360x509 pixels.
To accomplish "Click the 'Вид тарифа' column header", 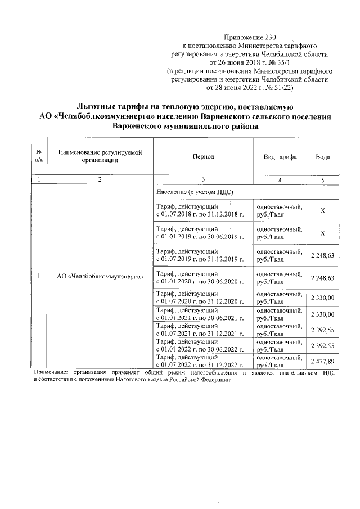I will pyautogui.click(x=280, y=157).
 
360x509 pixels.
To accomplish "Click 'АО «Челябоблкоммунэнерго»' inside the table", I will pyautogui.click(x=99, y=277).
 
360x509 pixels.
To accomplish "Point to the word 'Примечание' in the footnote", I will pyautogui.click(x=51, y=373).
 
